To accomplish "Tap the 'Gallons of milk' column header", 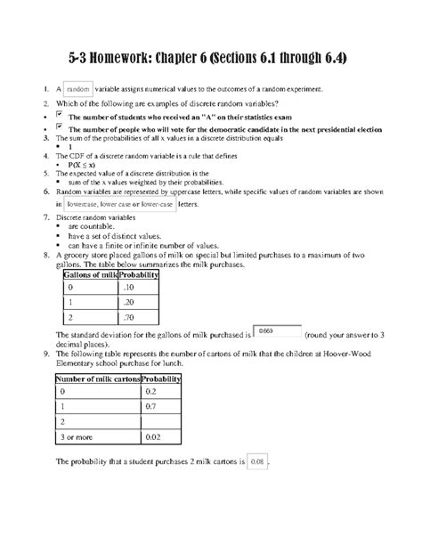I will coord(90,275).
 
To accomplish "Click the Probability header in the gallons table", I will coord(139,275).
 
